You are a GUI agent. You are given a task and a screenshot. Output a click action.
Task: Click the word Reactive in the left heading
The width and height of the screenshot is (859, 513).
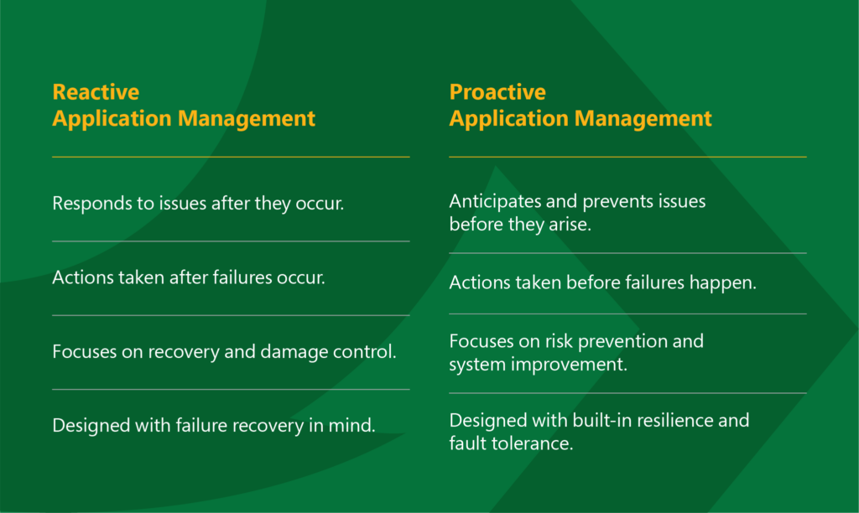click(x=96, y=92)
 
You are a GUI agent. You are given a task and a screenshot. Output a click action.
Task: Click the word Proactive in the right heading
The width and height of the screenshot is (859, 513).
click(x=497, y=92)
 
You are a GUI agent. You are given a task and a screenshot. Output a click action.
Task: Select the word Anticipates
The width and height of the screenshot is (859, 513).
click(x=495, y=202)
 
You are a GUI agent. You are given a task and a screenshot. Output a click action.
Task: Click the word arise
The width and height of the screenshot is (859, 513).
click(x=570, y=225)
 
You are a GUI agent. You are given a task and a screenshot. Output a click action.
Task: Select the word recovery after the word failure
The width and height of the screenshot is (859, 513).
click(x=267, y=426)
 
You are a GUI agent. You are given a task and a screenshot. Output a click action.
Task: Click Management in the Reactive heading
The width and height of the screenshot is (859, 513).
click(x=246, y=119)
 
